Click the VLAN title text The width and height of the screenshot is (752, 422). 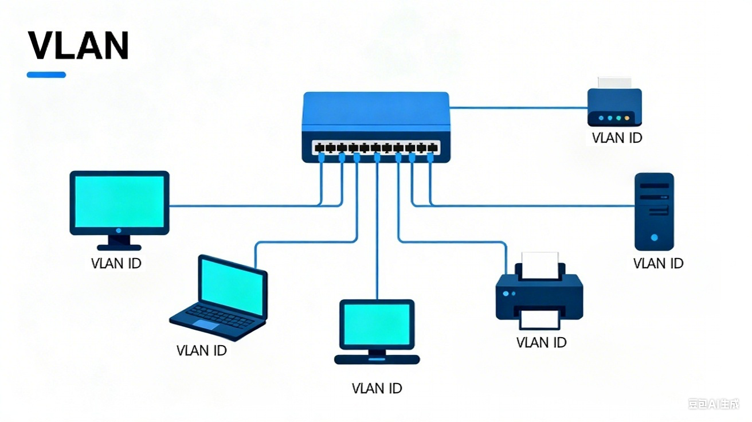[x=77, y=45]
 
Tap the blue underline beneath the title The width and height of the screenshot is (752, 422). [x=46, y=75]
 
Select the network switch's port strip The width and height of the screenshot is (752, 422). [x=376, y=148]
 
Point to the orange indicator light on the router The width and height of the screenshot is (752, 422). [x=627, y=118]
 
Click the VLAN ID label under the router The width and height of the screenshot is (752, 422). [x=617, y=138]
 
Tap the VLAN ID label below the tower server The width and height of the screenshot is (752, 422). [x=658, y=263]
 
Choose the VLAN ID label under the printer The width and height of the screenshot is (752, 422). [x=541, y=342]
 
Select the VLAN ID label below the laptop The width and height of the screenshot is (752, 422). [x=201, y=350]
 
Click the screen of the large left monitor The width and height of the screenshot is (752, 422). [x=119, y=200]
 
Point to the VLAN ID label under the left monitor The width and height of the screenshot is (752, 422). [x=116, y=263]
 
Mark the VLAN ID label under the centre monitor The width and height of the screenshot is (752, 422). [x=377, y=388]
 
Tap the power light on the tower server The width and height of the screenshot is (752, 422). [x=654, y=237]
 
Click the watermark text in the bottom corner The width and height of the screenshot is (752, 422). [x=713, y=404]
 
